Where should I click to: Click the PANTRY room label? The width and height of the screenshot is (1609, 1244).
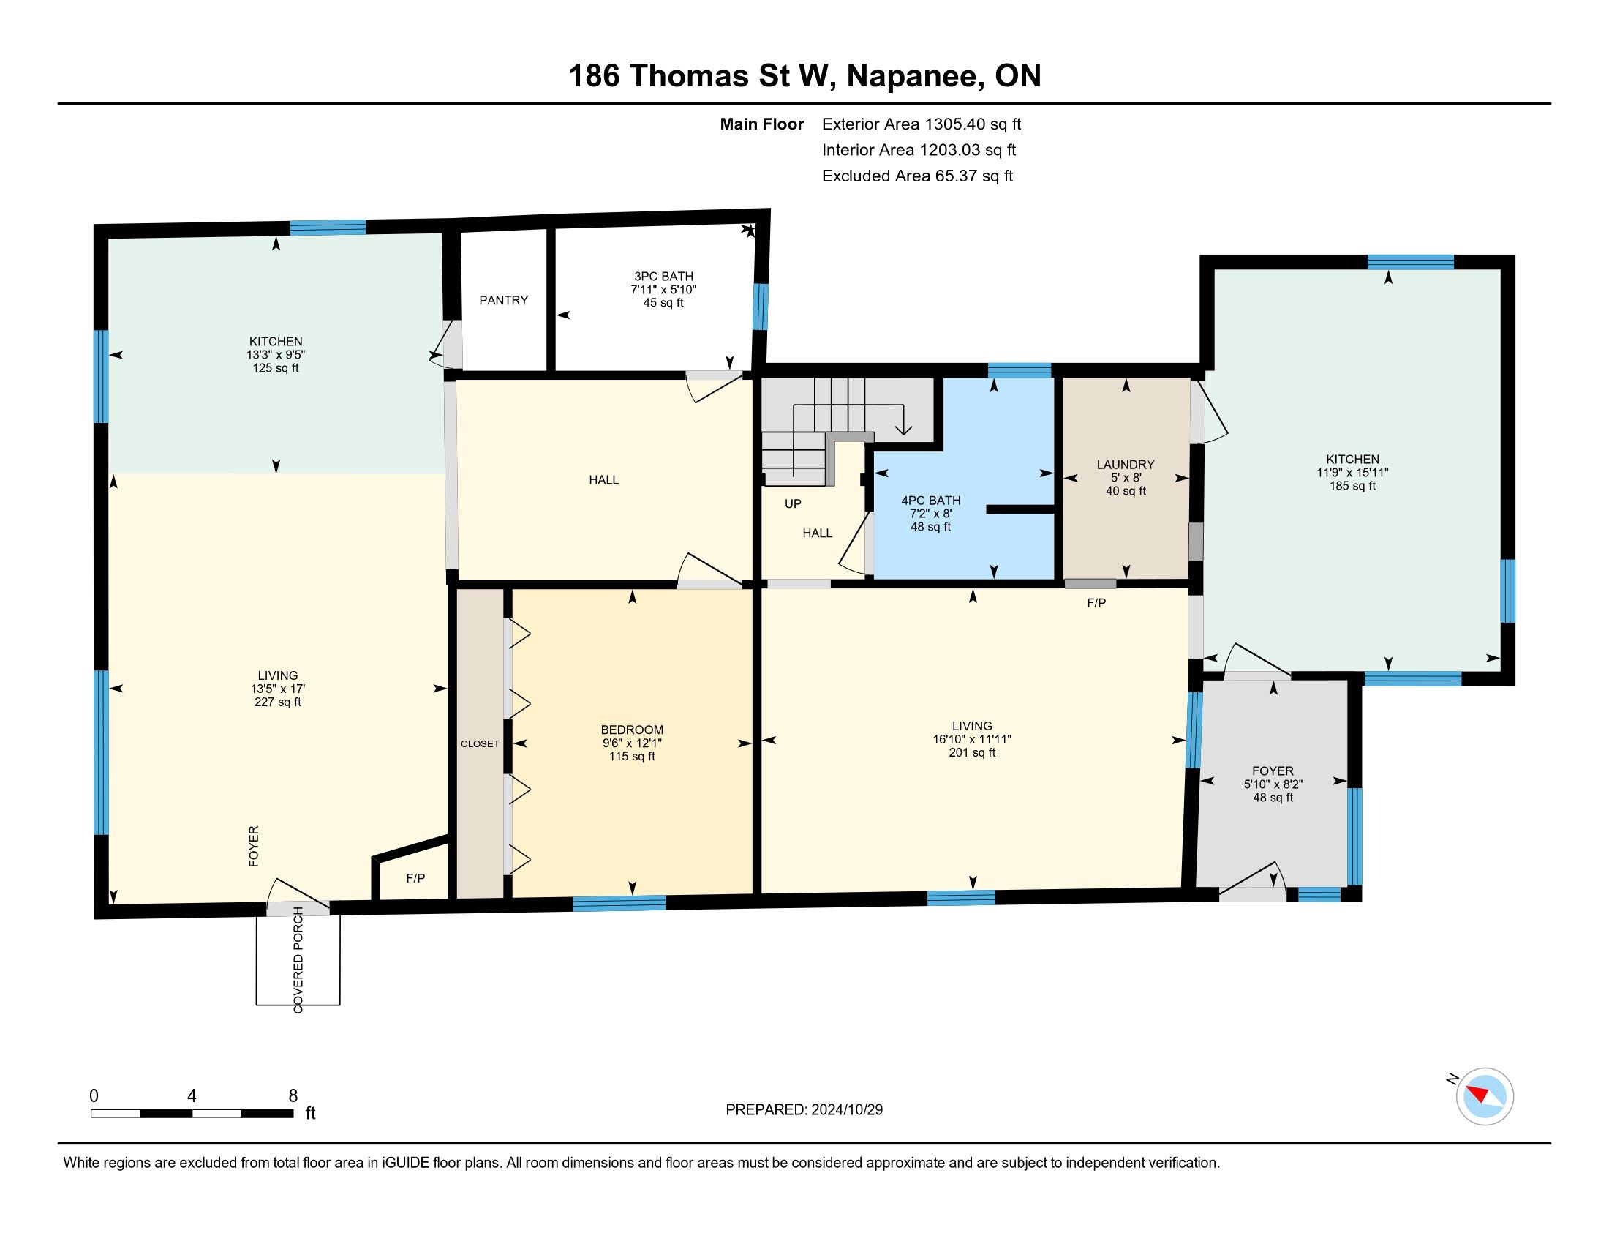503,300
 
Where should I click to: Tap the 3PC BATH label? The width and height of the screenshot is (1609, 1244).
664,277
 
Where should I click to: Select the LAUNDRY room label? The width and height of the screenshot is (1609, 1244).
1125,464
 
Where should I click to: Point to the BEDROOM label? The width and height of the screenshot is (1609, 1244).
632,730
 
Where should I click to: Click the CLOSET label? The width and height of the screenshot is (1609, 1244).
480,743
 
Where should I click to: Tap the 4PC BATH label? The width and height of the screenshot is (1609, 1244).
930,501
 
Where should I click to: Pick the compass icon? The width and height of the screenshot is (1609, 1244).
1485,1097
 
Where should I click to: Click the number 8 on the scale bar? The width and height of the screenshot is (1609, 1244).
293,1095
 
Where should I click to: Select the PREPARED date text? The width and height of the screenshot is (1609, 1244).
804,1109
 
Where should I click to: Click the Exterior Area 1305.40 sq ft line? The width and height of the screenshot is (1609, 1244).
922,124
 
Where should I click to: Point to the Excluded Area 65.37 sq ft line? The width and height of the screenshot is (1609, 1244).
917,176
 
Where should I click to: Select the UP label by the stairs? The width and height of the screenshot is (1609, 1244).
793,504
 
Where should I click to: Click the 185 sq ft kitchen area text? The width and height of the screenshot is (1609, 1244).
1352,486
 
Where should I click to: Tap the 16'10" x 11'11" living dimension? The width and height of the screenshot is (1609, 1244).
972,739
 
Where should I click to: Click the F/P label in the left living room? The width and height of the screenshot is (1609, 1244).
415,877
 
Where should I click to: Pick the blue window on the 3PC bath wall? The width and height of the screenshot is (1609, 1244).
760,307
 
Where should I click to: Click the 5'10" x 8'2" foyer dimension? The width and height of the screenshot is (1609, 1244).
1273,784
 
